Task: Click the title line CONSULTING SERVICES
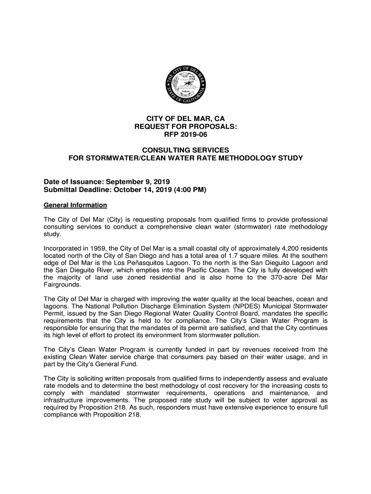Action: [x=185, y=150]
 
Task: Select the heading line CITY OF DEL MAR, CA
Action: [x=185, y=119]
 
